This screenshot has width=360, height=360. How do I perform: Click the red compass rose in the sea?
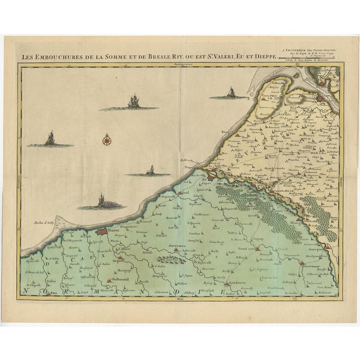[x=107, y=139]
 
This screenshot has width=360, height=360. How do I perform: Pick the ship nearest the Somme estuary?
[x=230, y=93]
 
